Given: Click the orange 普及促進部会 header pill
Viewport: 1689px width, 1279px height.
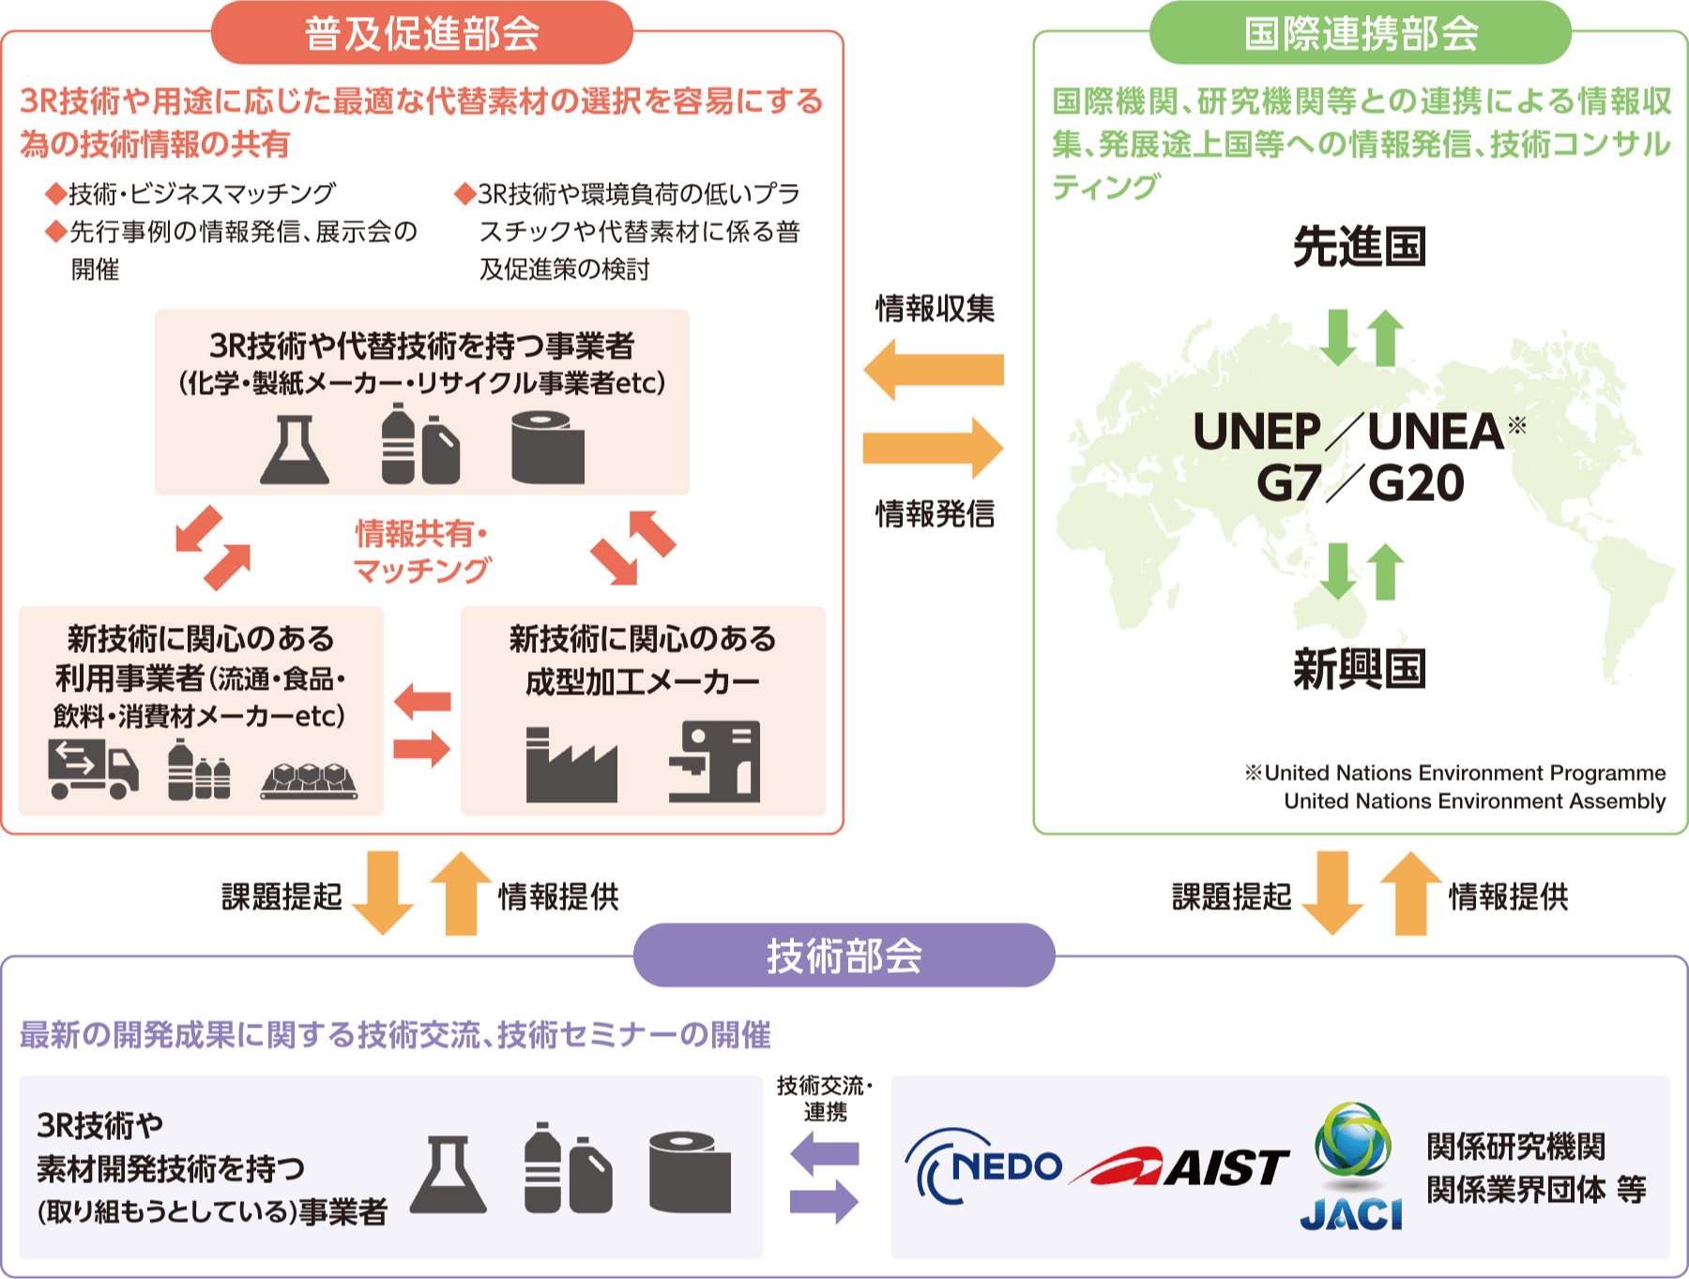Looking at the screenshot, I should point(421,34).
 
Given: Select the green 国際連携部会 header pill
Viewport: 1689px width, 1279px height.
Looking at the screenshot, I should point(1360,34).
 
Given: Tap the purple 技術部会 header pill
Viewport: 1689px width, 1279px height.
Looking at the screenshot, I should point(844,955).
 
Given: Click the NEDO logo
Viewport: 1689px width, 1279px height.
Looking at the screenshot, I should point(983,1166).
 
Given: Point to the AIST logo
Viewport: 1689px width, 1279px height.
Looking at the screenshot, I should point(1180,1167).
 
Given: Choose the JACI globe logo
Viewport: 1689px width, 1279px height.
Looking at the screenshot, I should point(1351,1166).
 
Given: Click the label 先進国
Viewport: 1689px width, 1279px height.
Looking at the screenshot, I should point(1360,247).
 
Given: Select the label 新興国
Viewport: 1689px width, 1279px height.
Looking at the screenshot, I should point(1360,669).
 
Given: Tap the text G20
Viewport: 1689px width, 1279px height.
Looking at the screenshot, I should point(1416,484).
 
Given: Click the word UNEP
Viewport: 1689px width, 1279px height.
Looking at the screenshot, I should point(1256,432).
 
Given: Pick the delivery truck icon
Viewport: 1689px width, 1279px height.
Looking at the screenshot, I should point(93,769).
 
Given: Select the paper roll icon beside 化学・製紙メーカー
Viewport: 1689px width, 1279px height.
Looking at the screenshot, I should point(548,448).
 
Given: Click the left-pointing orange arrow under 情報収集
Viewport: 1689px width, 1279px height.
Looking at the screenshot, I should point(933,370).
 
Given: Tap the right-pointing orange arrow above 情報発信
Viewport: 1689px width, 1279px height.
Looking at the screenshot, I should point(933,448).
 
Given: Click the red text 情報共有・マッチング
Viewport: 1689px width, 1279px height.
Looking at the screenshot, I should point(421,552).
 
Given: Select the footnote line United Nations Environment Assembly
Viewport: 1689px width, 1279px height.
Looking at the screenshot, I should point(1474,801).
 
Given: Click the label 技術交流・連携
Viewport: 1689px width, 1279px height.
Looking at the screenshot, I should point(825,1099).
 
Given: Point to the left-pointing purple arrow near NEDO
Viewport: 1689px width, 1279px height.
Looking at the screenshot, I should point(825,1153).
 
